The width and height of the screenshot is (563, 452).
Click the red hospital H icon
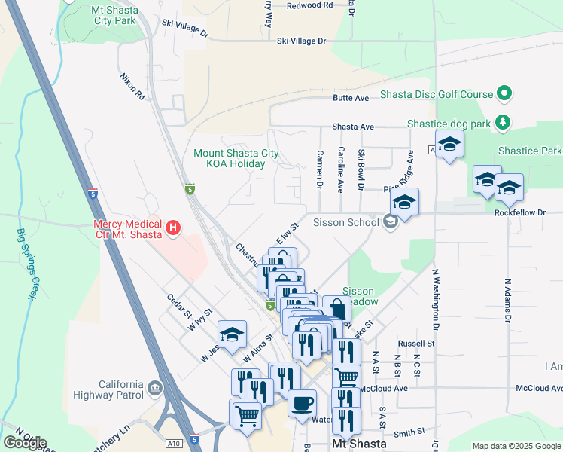pos(174,227)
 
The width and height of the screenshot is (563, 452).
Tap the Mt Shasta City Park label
pos(113,14)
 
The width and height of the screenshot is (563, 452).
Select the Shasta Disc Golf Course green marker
pos(504,94)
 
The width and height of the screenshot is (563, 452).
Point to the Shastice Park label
pos(529,151)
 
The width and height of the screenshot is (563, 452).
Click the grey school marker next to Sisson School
pos(390,222)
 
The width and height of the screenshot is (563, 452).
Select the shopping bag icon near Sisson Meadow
pos(336,310)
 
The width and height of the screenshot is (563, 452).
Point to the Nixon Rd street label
pos(132,87)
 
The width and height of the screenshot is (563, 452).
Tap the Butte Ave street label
pos(351,98)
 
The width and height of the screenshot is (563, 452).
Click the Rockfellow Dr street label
pos(519,212)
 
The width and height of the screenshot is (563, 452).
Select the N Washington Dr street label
pos(435,298)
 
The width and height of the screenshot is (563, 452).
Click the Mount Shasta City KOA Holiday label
pos(236,158)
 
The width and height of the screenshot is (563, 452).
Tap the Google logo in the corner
pos(24,442)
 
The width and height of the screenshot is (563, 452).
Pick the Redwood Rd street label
pos(310,5)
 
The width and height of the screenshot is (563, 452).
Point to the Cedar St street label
pos(181,305)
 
